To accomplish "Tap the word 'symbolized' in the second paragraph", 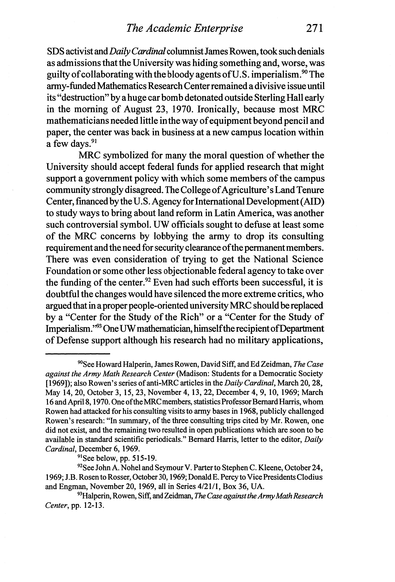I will [x=124, y=156].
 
